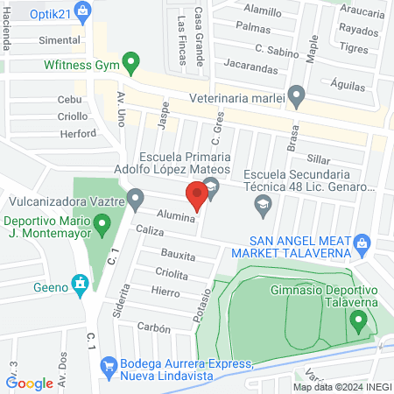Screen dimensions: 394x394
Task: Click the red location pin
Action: [x=198, y=193]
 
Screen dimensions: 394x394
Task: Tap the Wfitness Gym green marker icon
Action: [x=131, y=62]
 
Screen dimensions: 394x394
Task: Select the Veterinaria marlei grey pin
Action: [x=297, y=94]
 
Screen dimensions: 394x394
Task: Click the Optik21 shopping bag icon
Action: [x=83, y=11]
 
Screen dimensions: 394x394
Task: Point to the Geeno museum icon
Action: [x=80, y=282]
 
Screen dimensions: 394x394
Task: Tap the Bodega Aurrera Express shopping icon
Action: [x=109, y=364]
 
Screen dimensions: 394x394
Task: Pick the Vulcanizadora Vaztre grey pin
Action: [x=135, y=200]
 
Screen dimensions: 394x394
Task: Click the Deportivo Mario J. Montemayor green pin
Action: [x=102, y=226]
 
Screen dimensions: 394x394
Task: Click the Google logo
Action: [x=30, y=383]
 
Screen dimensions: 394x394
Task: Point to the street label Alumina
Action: [x=176, y=215]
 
